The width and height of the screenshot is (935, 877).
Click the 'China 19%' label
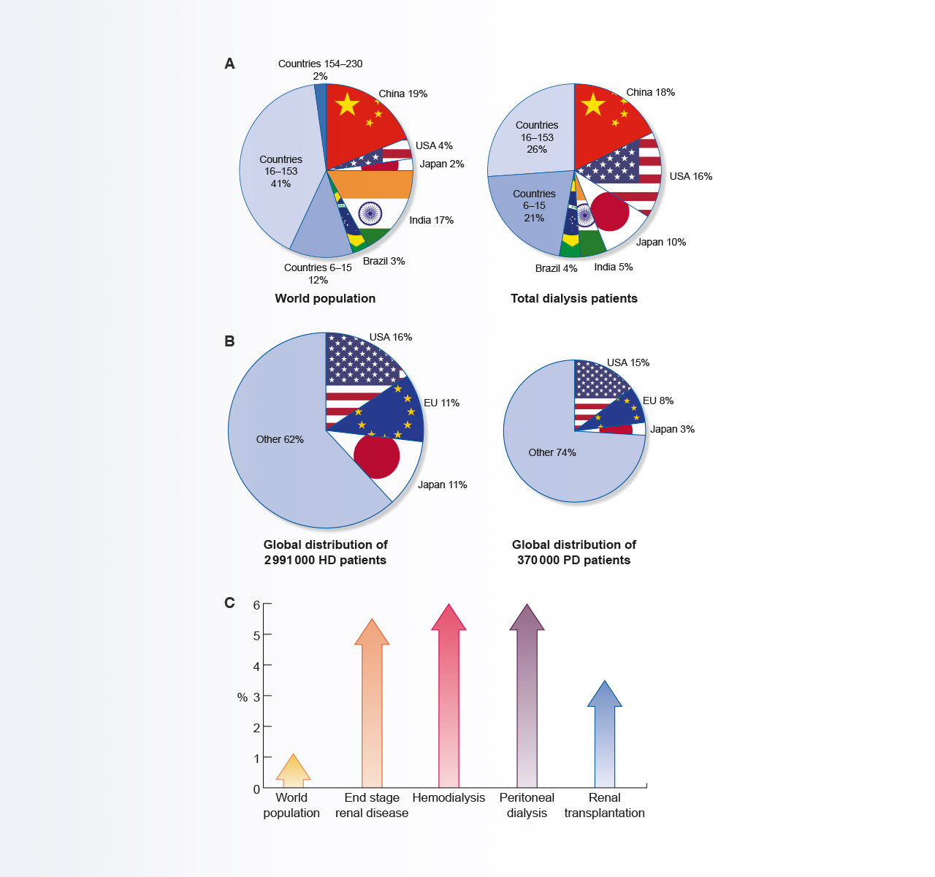pyautogui.click(x=402, y=94)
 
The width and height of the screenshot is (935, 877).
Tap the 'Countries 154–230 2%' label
pyautogui.click(x=320, y=69)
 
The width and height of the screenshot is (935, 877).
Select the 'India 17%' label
pyautogui.click(x=431, y=220)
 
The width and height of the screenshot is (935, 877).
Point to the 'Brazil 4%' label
pyautogui.click(x=556, y=268)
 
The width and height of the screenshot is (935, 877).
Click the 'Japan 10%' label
pyautogui.click(x=660, y=242)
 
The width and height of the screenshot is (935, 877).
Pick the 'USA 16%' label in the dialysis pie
pyautogui.click(x=690, y=176)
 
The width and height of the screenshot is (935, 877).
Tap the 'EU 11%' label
pyautogui.click(x=441, y=403)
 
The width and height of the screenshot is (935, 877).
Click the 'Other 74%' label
pyautogui.click(x=552, y=452)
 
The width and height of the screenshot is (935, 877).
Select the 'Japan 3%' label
pyautogui.click(x=672, y=429)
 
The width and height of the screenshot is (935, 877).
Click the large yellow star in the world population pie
pyautogui.click(x=347, y=105)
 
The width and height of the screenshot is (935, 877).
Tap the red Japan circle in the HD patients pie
pyautogui.click(x=377, y=456)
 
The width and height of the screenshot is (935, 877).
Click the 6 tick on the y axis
pyautogui.click(x=256, y=604)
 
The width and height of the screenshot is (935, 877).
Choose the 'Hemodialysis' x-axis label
pyautogui.click(x=449, y=797)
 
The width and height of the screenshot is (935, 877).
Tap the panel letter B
pyautogui.click(x=229, y=341)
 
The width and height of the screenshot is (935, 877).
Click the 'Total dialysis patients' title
pyautogui.click(x=573, y=298)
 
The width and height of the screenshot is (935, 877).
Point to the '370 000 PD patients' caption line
pyautogui.click(x=573, y=560)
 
